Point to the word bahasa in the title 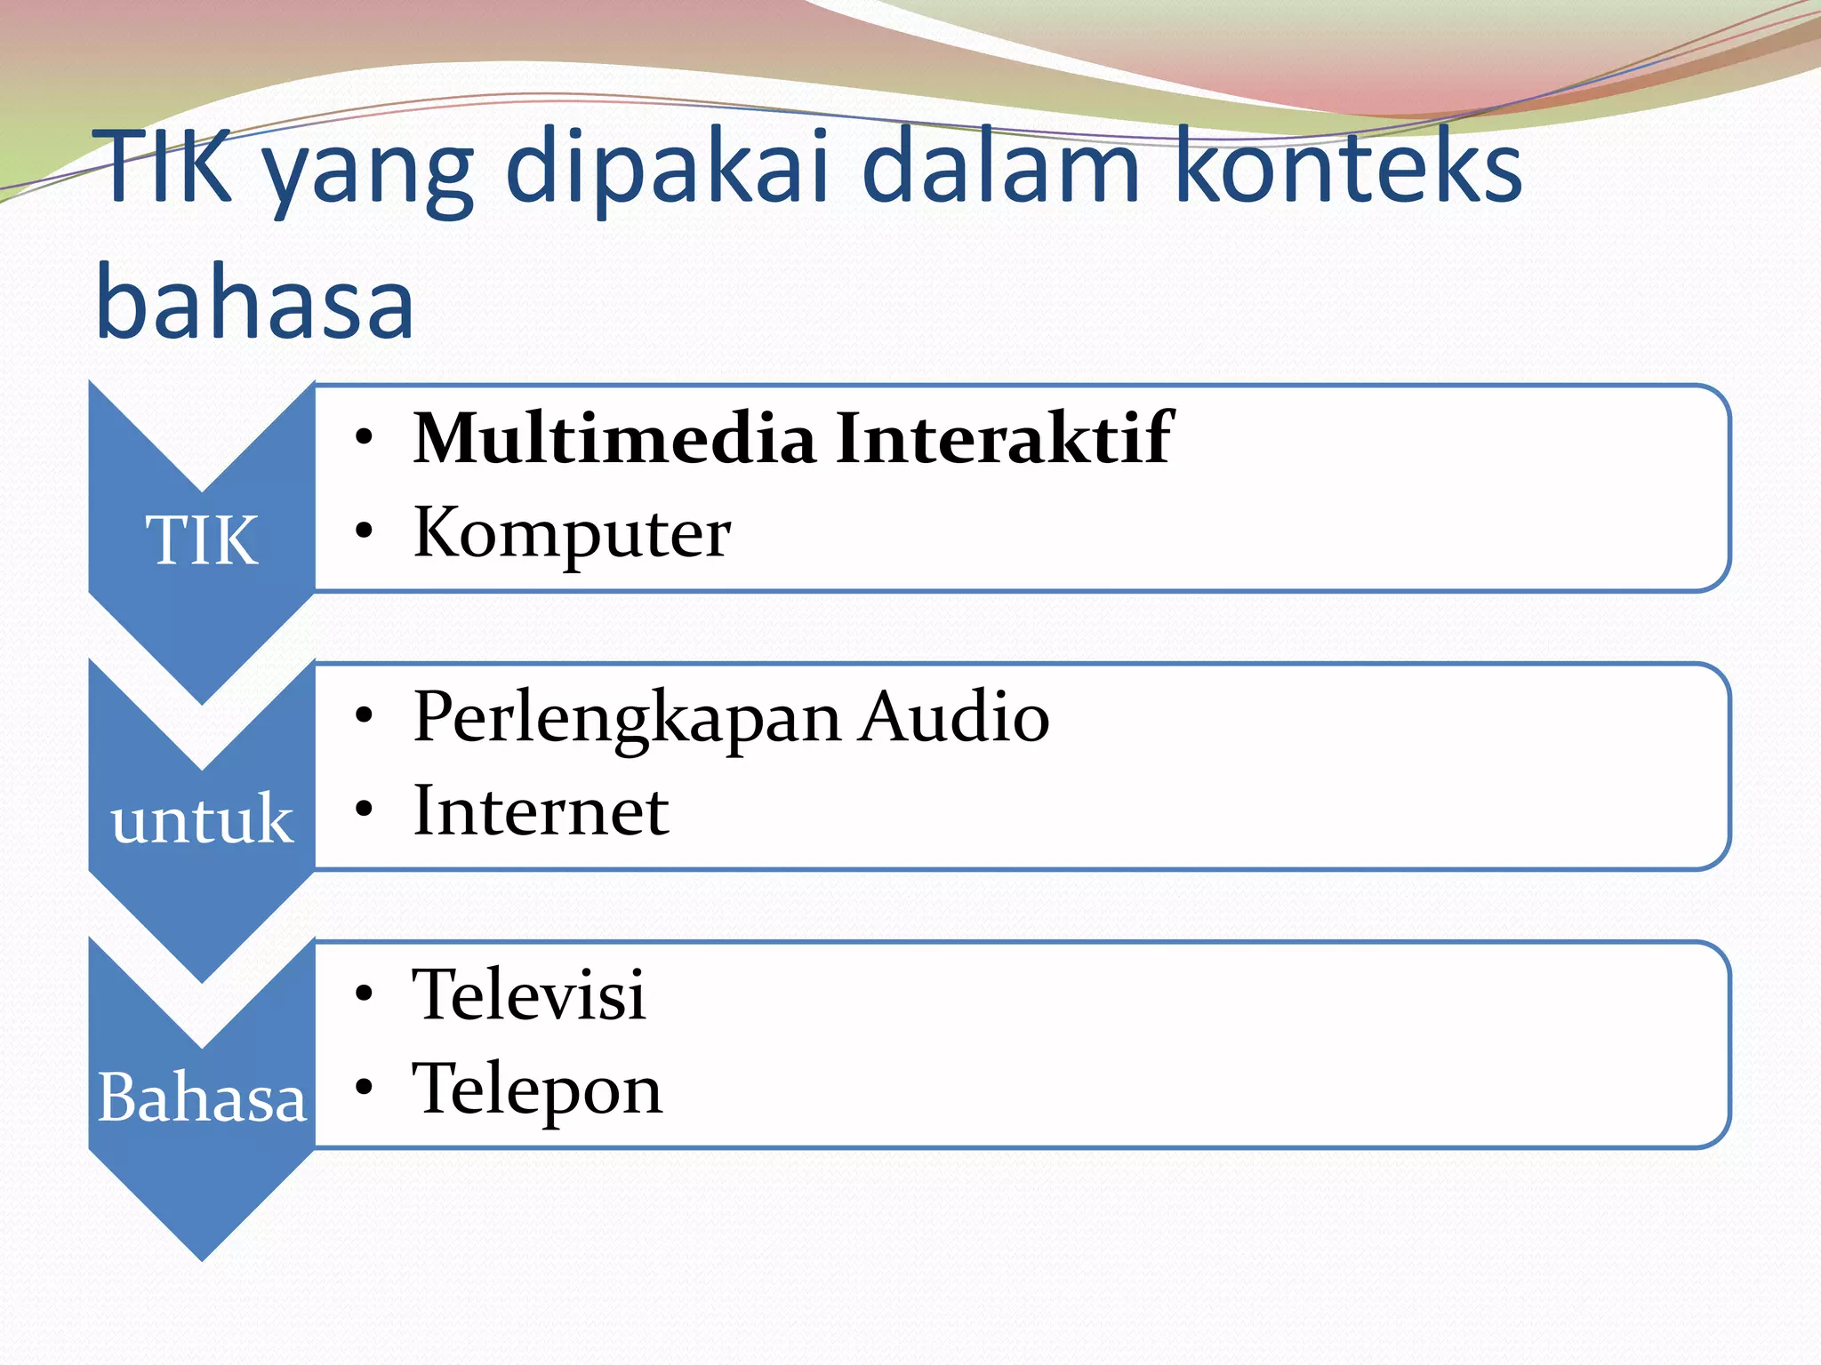tap(254, 302)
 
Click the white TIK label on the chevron tap(202, 540)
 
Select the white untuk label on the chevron tap(202, 818)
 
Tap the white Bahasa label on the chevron tap(202, 1098)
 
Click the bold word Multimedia tap(614, 438)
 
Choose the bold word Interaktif tap(1004, 438)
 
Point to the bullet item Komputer tap(572, 533)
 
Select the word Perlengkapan tap(627, 718)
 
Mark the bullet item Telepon tap(537, 1090)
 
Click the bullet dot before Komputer tap(363, 531)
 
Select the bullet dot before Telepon tap(363, 1087)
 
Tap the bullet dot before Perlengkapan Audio tap(363, 714)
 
